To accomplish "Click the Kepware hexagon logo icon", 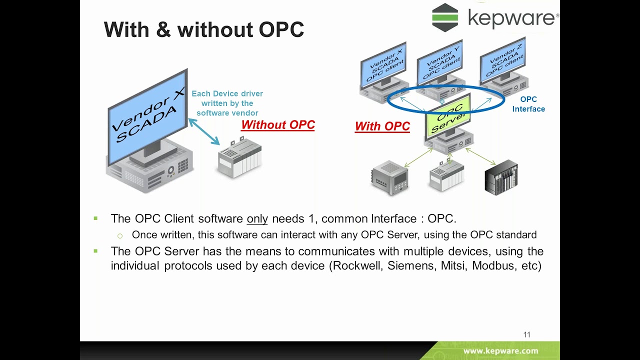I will point(445,17).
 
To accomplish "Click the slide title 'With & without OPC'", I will point(204,29).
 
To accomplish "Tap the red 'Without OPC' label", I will point(278,125).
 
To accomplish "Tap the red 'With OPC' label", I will point(382,126).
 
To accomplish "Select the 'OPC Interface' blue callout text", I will point(528,104).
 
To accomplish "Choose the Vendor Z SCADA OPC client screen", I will point(502,64).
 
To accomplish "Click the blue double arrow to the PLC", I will point(204,131).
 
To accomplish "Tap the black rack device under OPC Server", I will point(501,177).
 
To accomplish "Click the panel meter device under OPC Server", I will point(389,177).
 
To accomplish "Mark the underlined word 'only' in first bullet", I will point(257,219).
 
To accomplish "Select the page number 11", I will point(526,334).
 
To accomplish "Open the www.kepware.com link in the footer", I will point(500,351).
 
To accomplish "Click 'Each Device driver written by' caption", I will point(227,98).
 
